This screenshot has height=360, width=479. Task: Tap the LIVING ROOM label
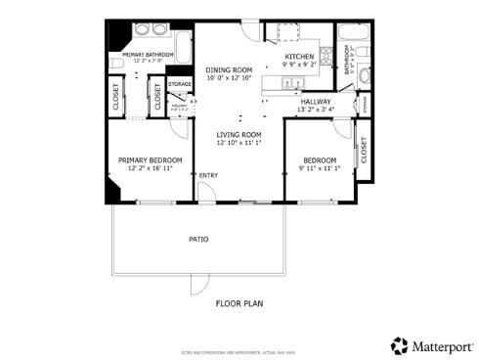point(239,134)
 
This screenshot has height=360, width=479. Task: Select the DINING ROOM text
point(228,70)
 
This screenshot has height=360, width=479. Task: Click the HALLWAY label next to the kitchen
point(315,101)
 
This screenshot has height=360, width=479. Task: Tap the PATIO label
point(198,239)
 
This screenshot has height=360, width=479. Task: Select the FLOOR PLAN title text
point(239,303)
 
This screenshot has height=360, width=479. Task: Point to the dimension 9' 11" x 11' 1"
point(319,168)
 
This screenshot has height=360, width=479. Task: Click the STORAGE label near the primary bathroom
point(179,84)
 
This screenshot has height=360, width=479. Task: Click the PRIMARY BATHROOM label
point(149,55)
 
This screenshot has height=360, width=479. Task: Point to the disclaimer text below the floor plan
point(239,350)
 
